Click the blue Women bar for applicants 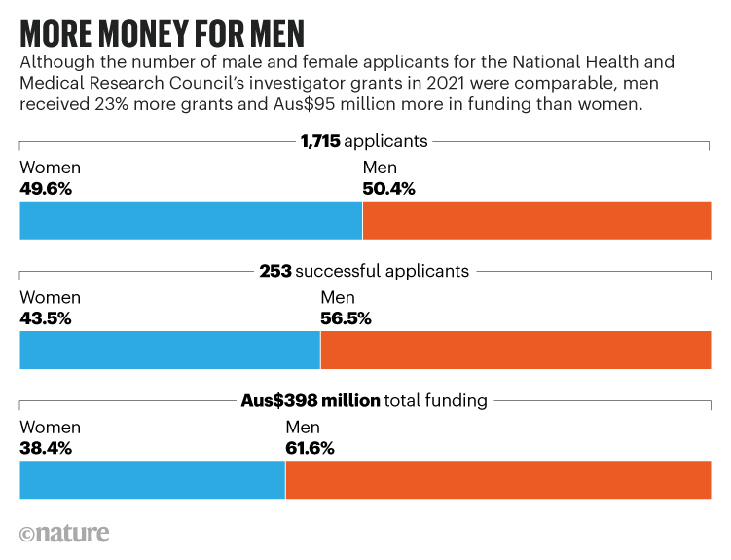(191, 220)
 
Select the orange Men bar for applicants (536, 220)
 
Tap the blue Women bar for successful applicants (169, 351)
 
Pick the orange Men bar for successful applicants (516, 351)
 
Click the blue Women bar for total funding (152, 480)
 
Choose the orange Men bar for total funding (498, 480)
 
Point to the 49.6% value (46, 189)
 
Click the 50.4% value (388, 189)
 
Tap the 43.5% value (46, 318)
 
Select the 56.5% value (346, 318)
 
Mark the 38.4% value (46, 449)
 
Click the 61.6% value (311, 449)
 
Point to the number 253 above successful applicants (275, 272)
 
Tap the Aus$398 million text (310, 401)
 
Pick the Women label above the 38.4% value (50, 429)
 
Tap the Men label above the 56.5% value (338, 298)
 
